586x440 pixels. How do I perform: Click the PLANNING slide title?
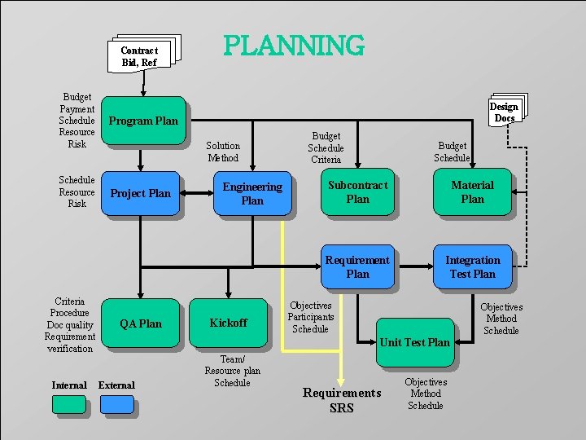point(294,46)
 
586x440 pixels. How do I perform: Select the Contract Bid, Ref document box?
point(140,55)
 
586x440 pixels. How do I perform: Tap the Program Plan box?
point(143,121)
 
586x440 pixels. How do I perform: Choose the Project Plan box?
point(141,193)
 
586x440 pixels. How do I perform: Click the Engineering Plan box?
point(252,193)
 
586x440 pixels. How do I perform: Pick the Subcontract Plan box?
point(357,192)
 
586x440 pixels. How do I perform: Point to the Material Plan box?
point(472,192)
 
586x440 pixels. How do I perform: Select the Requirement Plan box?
point(357,266)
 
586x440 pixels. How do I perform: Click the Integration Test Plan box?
point(472,266)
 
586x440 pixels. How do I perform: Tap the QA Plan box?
point(141,323)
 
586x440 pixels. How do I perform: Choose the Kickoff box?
point(228,323)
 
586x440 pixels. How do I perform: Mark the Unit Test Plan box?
point(414,342)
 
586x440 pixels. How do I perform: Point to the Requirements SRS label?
point(342,400)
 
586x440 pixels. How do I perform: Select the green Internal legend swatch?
point(69,404)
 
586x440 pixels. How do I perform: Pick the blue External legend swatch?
point(117,404)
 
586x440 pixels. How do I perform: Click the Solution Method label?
point(223,152)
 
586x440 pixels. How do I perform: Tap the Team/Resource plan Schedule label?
point(232,371)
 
